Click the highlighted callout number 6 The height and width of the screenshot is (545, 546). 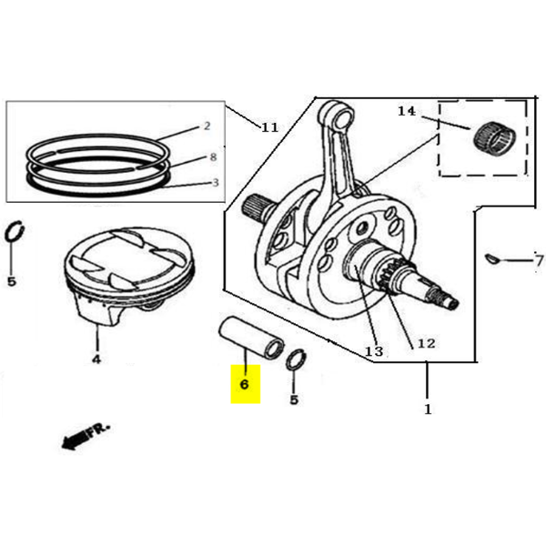[244, 385]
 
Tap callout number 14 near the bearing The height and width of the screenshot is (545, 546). [407, 111]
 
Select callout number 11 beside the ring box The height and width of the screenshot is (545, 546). [269, 126]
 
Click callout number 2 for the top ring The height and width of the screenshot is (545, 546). [207, 126]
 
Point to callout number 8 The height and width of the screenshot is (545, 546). [212, 156]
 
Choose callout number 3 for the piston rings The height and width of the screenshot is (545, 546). [214, 182]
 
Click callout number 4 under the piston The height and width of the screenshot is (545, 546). [96, 358]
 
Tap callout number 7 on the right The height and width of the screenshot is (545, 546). [538, 262]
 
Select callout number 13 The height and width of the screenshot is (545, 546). [374, 350]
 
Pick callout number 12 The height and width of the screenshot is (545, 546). [426, 344]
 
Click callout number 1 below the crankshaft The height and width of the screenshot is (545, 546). [428, 409]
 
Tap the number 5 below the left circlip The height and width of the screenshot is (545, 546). [12, 281]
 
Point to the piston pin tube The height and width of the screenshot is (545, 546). [251, 338]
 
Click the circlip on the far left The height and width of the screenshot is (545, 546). [14, 233]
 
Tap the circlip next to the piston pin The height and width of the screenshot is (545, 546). [295, 359]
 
